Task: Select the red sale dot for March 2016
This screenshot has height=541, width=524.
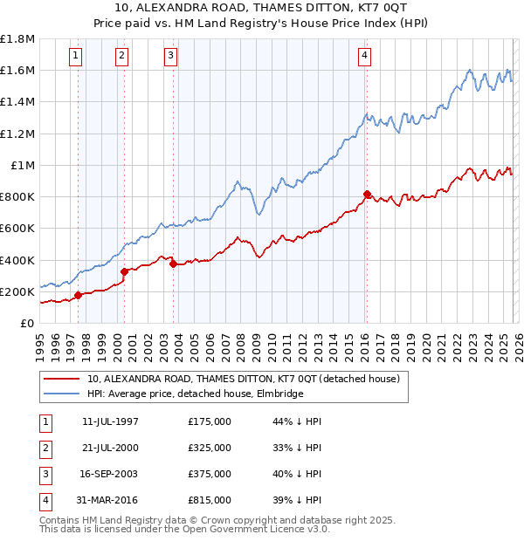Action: (x=367, y=194)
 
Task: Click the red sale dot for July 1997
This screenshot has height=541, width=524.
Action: (x=79, y=295)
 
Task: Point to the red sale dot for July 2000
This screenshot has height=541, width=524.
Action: (x=125, y=271)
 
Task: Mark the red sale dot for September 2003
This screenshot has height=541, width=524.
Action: (x=174, y=264)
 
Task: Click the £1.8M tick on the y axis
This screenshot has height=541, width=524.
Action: (x=18, y=39)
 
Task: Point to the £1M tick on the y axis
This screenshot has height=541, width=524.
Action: (x=23, y=165)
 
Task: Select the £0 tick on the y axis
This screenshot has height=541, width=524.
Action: (x=29, y=323)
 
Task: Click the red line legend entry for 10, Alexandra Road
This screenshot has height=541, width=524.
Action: (x=243, y=379)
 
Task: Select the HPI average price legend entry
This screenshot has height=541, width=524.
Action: (x=194, y=394)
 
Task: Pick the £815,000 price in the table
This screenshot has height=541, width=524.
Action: (x=209, y=500)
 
